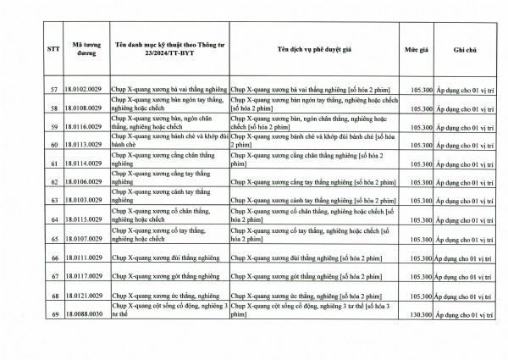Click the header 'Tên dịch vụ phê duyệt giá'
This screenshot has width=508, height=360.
tap(317, 50)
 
